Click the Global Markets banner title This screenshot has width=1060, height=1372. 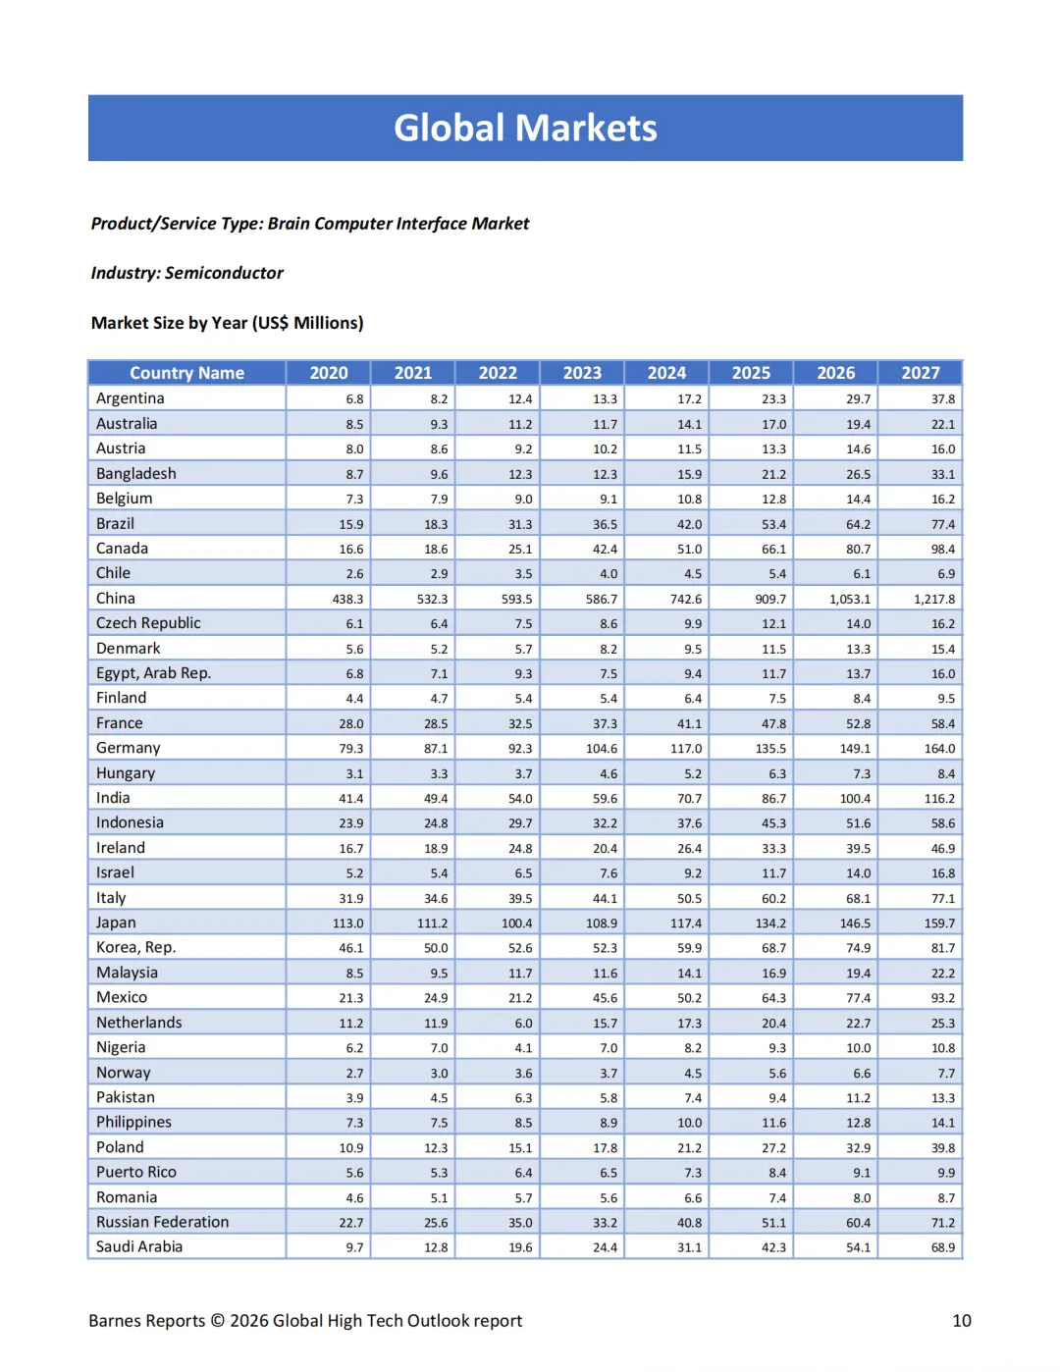coord(525,128)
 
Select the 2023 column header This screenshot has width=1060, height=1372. coord(582,373)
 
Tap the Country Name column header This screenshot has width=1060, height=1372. coord(186,373)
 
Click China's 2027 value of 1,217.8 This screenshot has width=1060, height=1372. coord(933,599)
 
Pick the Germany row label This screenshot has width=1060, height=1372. coord(129,748)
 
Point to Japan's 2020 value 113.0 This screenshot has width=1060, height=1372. coord(347,923)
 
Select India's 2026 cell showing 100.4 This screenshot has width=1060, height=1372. coord(855,799)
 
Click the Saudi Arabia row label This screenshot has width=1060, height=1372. coord(139,1246)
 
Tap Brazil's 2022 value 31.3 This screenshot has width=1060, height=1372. coord(520,524)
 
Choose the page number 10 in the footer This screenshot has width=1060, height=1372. coord(962,1321)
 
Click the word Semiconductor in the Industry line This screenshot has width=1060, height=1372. coord(224,273)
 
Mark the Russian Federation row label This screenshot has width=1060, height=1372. coord(162,1222)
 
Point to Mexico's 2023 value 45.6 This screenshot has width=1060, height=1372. coord(605,998)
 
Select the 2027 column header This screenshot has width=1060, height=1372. coord(921,373)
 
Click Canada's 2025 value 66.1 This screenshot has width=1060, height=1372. coord(773,550)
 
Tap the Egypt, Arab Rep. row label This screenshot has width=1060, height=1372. coord(153,673)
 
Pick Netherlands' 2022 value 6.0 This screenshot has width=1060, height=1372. coord(523,1023)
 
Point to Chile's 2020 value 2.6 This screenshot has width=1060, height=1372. coord(354,574)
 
